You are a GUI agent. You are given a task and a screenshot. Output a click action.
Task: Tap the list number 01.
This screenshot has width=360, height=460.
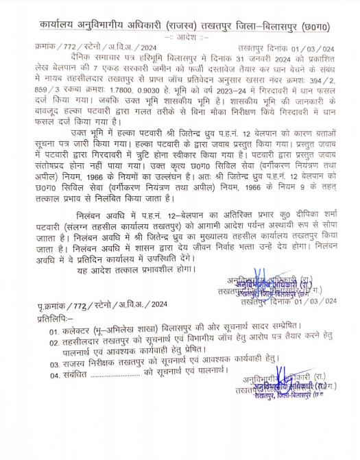pyautogui.click(x=55, y=332)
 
